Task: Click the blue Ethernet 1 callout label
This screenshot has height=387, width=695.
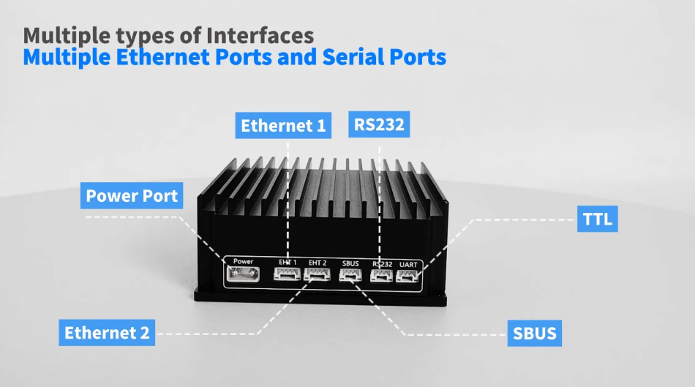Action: point(284,126)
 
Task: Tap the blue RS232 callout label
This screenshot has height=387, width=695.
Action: point(379,124)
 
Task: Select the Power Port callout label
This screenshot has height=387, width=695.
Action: point(132,196)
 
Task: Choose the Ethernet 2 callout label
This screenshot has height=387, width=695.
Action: point(107,332)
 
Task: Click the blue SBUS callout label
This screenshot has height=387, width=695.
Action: point(535,334)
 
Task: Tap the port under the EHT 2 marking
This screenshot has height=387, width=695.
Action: point(318,275)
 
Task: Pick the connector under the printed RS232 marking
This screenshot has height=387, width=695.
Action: point(381,276)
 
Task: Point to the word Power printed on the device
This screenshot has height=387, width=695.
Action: point(243,261)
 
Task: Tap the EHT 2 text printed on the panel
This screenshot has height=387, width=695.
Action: point(318,263)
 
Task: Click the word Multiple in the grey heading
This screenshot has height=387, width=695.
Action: point(61,35)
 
